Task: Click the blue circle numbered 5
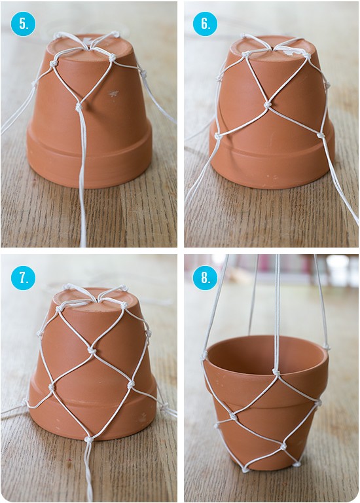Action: point(23,24)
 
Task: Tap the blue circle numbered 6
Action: point(205,24)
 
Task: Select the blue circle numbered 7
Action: point(23,278)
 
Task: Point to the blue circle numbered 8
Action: point(205,278)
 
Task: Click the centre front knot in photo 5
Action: point(79,107)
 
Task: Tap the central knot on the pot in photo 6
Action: point(266,105)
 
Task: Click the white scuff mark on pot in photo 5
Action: point(113,94)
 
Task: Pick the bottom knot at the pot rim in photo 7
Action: point(88,439)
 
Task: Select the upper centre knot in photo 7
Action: point(92,350)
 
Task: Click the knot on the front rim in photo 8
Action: point(276,372)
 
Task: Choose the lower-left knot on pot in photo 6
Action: point(218,136)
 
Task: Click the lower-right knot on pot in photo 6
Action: point(320,135)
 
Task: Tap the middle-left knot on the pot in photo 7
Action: point(51,386)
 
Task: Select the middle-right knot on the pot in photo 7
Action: point(131,384)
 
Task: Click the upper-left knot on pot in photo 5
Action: point(52,63)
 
